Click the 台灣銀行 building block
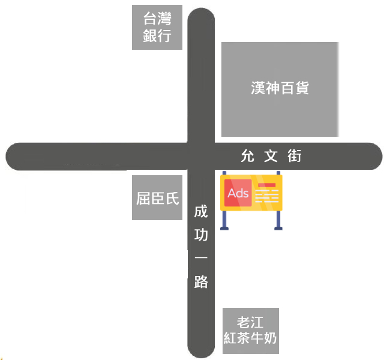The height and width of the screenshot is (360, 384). point(157,28)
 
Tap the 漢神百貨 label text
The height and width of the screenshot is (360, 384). point(280,88)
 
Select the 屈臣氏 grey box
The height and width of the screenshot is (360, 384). point(157,198)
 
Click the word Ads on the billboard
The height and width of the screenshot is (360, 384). point(238,193)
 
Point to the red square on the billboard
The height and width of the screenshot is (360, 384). point(238,193)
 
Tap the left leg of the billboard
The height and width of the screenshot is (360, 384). point(225,220)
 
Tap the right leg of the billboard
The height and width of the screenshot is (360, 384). point(278,220)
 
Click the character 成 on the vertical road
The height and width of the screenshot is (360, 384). point(201,212)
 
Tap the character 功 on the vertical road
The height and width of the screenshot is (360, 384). point(201,235)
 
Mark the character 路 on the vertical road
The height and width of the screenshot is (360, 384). point(201,281)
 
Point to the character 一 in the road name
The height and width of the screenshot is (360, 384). point(201,258)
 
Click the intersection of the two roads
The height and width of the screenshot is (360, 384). point(201,157)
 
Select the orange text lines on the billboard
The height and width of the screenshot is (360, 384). point(267,194)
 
